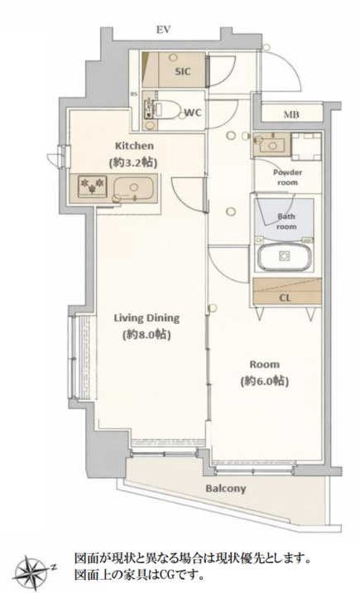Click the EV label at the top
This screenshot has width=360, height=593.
click(x=164, y=30)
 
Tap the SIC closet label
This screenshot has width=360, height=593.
click(x=183, y=71)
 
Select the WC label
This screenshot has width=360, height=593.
click(x=193, y=113)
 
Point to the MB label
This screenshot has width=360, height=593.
click(x=291, y=114)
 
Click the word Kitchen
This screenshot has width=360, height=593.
click(x=134, y=146)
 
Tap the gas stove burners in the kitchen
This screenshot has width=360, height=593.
click(x=92, y=186)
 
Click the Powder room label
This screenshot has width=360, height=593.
click(x=288, y=177)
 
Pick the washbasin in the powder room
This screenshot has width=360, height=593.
click(x=272, y=144)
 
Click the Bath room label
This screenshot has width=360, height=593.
click(x=286, y=222)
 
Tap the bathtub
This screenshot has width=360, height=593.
click(x=285, y=257)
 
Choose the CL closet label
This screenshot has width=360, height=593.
click(x=286, y=298)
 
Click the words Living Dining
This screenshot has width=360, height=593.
click(x=146, y=318)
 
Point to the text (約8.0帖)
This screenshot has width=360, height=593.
click(x=146, y=335)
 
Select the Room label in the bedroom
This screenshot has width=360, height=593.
click(x=265, y=364)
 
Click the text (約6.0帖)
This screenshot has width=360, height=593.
click(x=265, y=381)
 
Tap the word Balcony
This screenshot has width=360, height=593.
click(x=226, y=489)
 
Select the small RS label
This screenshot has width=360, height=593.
click(x=134, y=94)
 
